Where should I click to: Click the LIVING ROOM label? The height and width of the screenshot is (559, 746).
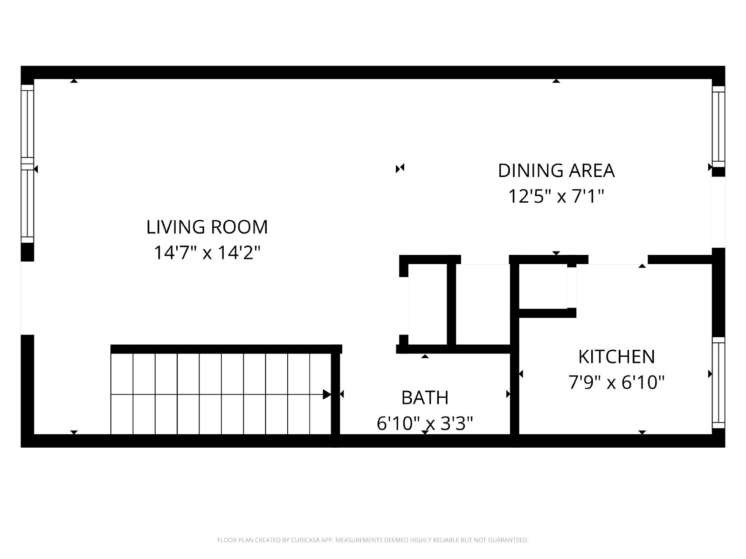(x=207, y=227)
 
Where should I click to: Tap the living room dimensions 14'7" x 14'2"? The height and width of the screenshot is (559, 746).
(x=207, y=253)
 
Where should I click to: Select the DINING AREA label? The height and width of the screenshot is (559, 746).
(x=556, y=170)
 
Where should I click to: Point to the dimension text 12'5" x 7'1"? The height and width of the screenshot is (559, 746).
(x=556, y=197)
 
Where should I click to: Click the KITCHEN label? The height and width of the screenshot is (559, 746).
(x=616, y=357)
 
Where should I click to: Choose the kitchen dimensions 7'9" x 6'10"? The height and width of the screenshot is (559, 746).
(x=616, y=382)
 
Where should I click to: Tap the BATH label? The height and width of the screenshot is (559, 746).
(x=425, y=398)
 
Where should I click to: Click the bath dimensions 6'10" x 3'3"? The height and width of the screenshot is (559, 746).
(x=425, y=423)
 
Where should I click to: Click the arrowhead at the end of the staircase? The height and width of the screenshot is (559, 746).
(x=327, y=395)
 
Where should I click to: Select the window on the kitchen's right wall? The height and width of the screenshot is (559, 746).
(x=718, y=383)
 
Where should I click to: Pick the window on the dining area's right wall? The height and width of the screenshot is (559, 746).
(x=718, y=127)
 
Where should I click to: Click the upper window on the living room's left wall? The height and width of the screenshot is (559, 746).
(x=28, y=123)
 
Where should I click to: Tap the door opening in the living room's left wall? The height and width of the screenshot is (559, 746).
(x=28, y=298)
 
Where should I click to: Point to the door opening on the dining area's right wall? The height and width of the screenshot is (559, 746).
(x=718, y=212)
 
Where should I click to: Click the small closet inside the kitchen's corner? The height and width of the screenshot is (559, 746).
(x=543, y=286)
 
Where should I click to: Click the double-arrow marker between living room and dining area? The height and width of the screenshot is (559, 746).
(x=400, y=168)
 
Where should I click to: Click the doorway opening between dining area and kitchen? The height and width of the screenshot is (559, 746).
(x=618, y=259)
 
